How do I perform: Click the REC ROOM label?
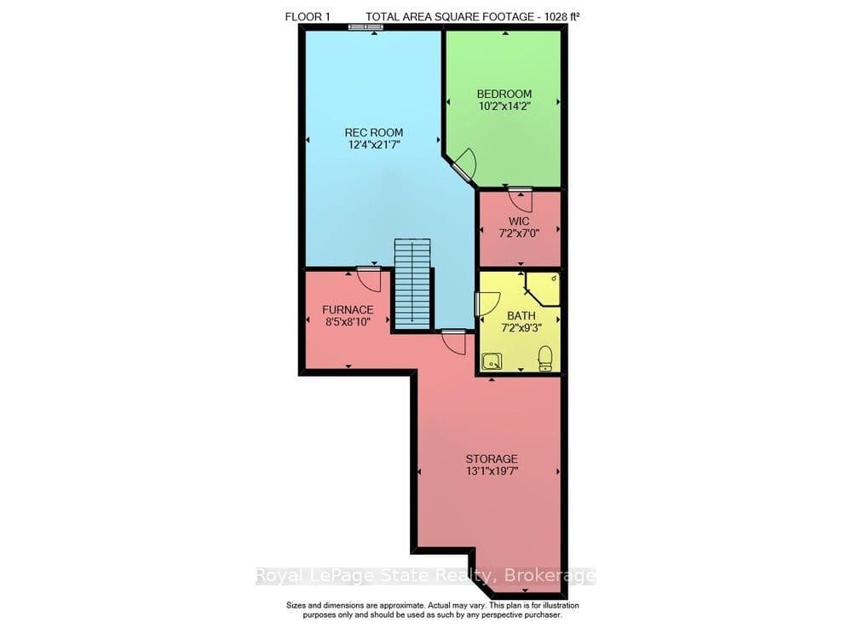click(374, 132)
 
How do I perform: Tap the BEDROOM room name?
click(504, 94)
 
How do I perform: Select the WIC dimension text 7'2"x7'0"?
click(519, 233)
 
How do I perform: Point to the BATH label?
click(521, 315)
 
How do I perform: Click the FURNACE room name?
click(348, 309)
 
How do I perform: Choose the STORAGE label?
click(492, 459)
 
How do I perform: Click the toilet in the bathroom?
click(545, 359)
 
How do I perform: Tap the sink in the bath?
click(492, 360)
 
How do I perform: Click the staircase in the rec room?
click(412, 284)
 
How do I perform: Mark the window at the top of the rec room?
click(366, 26)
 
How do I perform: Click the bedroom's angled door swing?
click(466, 164)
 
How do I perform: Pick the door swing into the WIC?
click(521, 199)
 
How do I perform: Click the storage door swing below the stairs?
click(454, 343)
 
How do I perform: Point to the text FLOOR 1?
click(308, 17)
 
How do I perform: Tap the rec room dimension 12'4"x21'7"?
click(374, 145)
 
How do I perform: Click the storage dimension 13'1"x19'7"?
click(492, 471)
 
